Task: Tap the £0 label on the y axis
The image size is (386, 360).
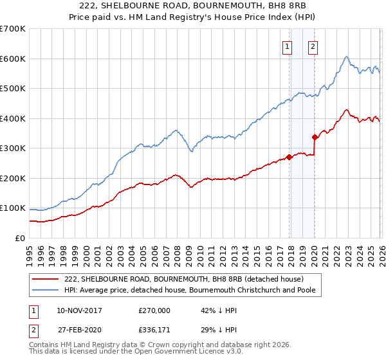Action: pos(20,238)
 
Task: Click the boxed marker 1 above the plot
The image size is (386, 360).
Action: pos(287,46)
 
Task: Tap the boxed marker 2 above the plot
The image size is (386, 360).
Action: pos(313,46)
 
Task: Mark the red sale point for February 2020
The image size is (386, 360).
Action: pos(315,137)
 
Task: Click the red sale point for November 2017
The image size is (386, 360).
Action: pos(289,157)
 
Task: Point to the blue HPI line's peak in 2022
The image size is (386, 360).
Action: pos(346,57)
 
